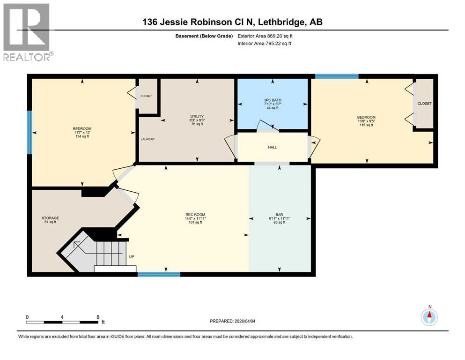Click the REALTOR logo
click(26, 32)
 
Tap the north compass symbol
click(429, 317)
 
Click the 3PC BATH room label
click(273, 103)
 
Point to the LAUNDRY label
click(148, 139)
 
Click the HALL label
click(273, 147)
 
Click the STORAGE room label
click(50, 220)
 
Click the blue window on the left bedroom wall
click(30, 132)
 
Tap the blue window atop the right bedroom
click(337, 76)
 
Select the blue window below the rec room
click(159, 274)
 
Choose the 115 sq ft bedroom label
click(366, 121)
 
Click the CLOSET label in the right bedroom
click(424, 104)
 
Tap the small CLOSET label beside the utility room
click(146, 96)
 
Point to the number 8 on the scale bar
click(98, 317)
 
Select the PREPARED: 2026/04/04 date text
click(237, 321)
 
